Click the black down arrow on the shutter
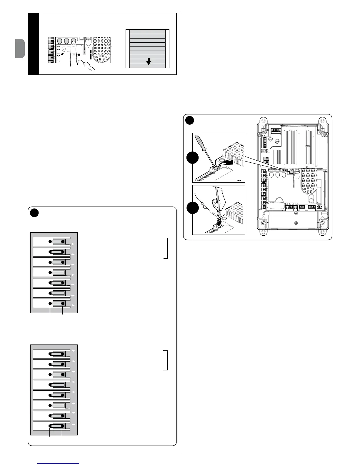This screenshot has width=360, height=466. coord(149,61)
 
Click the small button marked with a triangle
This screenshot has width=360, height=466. coord(64,49)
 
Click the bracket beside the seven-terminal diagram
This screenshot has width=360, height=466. coord(166,248)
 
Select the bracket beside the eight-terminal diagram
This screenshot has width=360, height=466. coord(166,360)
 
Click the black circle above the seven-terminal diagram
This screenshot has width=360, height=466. coord(34,212)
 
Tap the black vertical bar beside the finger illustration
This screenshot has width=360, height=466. coord(34,44)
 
